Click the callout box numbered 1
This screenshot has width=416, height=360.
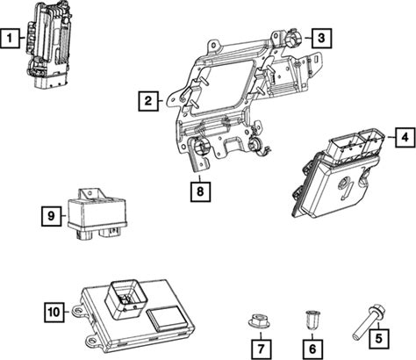[x=11, y=38]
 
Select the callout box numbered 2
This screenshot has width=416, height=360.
[x=148, y=101]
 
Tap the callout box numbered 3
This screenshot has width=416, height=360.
[x=321, y=38]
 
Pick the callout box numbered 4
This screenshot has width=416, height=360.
[x=405, y=137]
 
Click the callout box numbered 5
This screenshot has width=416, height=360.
[x=379, y=339]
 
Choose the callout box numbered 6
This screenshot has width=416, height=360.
[x=312, y=349]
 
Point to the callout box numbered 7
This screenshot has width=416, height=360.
[x=261, y=349]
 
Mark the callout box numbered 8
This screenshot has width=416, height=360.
[x=200, y=191]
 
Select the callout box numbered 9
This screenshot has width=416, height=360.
[x=52, y=216]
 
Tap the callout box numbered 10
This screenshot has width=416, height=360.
[x=54, y=313]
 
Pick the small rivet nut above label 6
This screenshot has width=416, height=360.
[x=312, y=320]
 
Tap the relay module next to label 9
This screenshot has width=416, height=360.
[x=97, y=214]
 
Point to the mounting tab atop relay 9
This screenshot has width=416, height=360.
[x=91, y=194]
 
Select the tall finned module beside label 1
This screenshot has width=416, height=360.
[x=49, y=45]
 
